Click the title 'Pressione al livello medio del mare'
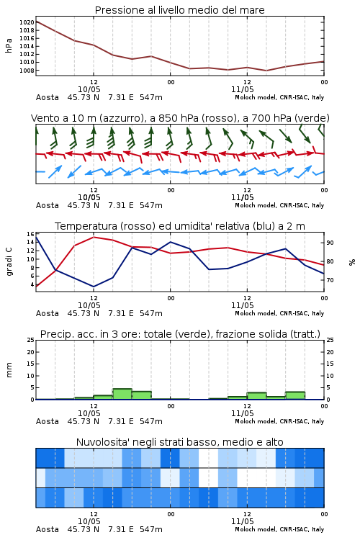179,10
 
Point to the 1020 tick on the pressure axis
27,22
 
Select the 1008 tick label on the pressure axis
27,71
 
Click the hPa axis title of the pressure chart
9,46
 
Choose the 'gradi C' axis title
9,262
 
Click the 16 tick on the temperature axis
30,234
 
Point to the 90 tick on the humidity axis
330,243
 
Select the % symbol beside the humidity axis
352,262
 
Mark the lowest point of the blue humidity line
94,287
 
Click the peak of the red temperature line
94,237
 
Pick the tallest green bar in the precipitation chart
122,394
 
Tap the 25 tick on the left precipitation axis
30,341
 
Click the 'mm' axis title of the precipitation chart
9,370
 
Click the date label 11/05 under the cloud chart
242,521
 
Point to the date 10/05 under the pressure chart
89,89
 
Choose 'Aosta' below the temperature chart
48,313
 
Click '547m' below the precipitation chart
151,421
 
